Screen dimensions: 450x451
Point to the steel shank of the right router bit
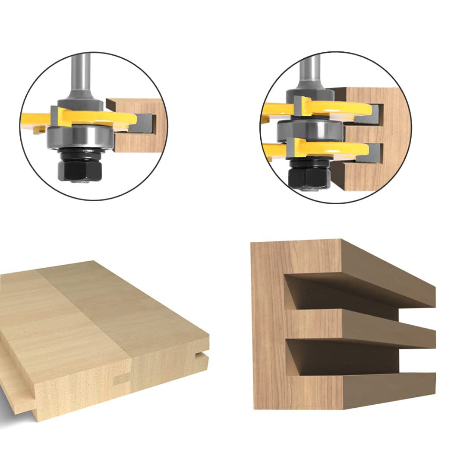(309, 71)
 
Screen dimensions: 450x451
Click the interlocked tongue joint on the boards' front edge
(122, 380)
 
